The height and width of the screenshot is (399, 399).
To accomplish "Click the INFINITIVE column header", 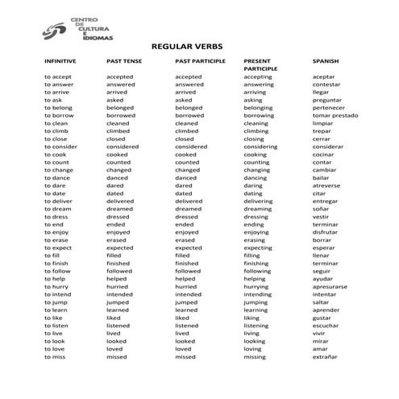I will tap(61, 61).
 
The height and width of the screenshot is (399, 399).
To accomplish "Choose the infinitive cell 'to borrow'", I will tap(59, 115).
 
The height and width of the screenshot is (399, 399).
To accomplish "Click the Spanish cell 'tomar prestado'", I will tap(335, 115).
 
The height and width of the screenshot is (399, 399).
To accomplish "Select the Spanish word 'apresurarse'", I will tap(330, 286).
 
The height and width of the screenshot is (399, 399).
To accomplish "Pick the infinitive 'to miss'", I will tap(56, 356).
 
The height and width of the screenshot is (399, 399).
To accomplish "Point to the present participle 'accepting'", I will tap(258, 77).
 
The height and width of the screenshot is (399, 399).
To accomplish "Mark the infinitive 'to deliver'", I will tap(60, 201).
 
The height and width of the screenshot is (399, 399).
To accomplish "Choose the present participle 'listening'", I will tap(258, 325).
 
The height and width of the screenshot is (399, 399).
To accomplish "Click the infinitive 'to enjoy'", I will tap(57, 232).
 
